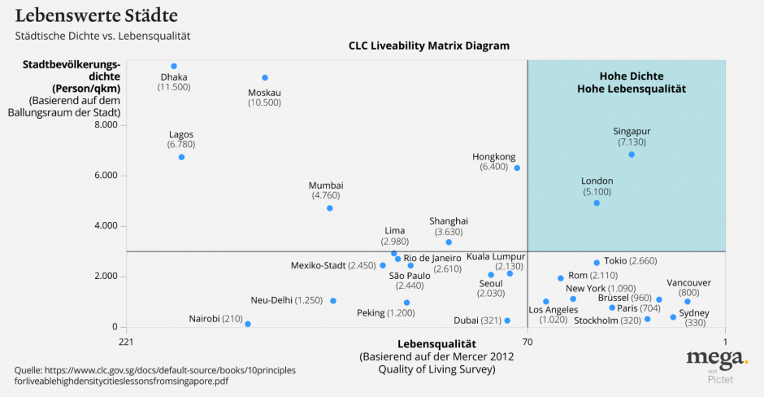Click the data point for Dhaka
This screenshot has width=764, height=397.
[x=174, y=66]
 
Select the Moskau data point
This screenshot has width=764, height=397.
[x=265, y=78]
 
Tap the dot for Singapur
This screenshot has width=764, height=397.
[x=632, y=155]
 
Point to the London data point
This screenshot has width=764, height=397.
[x=597, y=203]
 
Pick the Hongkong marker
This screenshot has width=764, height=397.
[x=517, y=168]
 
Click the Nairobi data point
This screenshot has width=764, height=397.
[x=248, y=324]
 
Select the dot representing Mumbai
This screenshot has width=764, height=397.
[x=330, y=208]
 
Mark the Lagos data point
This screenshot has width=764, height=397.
[x=181, y=157]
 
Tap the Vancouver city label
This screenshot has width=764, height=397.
[x=688, y=282]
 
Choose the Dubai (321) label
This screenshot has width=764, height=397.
[x=477, y=321]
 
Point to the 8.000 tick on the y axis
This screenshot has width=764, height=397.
[x=106, y=125]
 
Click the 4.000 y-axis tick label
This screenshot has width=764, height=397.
[x=106, y=226]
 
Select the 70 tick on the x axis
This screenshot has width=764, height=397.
[x=527, y=342]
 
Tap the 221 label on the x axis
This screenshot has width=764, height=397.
[x=125, y=342]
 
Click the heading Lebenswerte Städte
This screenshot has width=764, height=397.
[x=97, y=15]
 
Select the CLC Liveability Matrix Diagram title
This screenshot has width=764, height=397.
[x=429, y=46]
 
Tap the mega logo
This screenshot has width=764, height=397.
[x=716, y=359]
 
